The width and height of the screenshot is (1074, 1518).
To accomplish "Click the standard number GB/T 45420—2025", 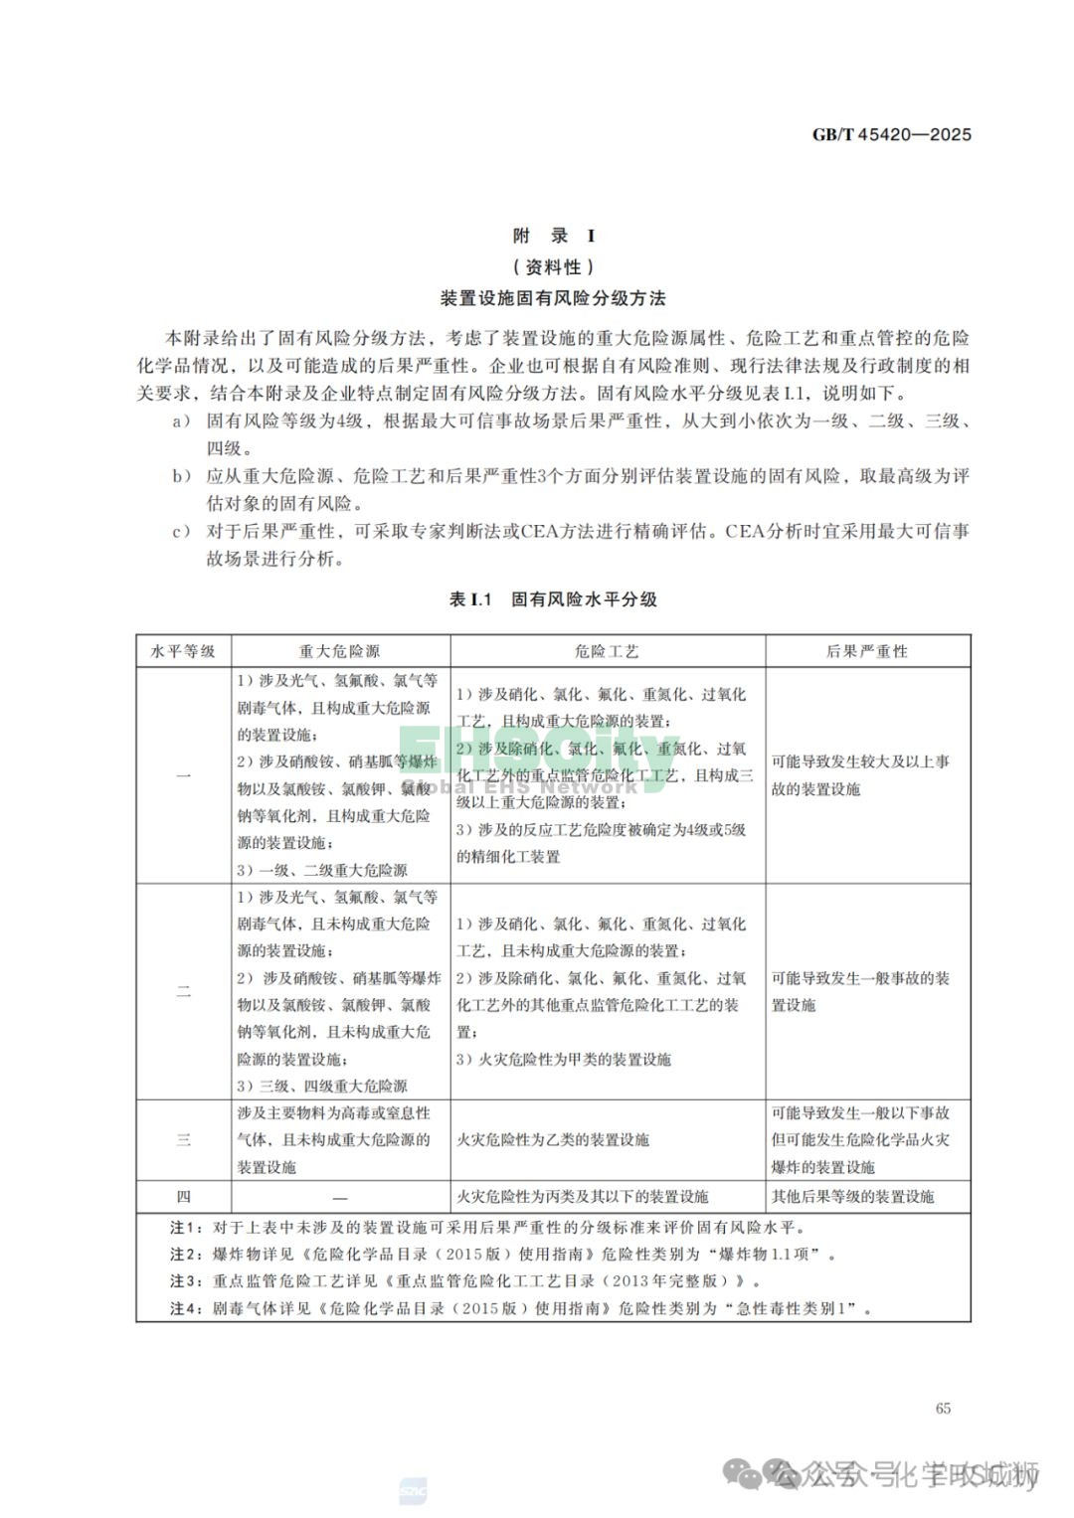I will [891, 134].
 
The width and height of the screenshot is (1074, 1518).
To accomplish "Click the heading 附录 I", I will [554, 236].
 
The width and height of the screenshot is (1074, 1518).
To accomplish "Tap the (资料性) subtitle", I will [554, 266].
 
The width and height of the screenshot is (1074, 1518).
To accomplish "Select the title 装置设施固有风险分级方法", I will [554, 298].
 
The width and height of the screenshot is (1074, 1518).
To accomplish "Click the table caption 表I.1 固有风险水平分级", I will [554, 599].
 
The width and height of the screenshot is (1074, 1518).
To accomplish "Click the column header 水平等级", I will [183, 651].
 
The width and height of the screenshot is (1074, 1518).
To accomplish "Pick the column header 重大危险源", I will [339, 651].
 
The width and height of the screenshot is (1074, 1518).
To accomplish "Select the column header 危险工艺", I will [607, 651].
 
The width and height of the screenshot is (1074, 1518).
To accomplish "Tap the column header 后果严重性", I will [866, 651].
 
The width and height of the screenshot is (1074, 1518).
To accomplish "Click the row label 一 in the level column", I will [183, 775].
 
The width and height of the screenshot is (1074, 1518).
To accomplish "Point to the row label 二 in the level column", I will [183, 991].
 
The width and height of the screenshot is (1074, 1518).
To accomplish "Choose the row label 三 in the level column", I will [183, 1140].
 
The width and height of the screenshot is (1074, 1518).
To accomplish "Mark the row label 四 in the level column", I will [183, 1197].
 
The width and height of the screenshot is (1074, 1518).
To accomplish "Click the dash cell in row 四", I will [340, 1197].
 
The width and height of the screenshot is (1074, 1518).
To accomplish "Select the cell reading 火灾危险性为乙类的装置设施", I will [553, 1140].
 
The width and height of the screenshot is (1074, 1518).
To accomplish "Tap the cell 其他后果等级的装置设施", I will [853, 1197].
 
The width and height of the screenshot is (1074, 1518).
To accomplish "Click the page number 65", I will [943, 1408].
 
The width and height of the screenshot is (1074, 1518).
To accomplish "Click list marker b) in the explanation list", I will [181, 476].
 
